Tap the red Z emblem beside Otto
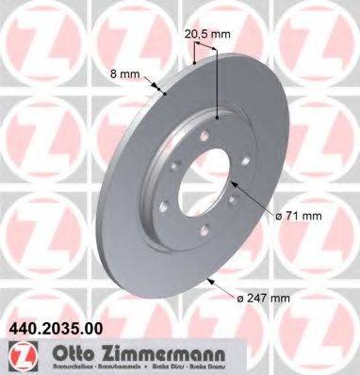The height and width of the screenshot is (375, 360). pyautogui.click(x=18, y=356)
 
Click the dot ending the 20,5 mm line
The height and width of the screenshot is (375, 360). pyautogui.click(x=218, y=117)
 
